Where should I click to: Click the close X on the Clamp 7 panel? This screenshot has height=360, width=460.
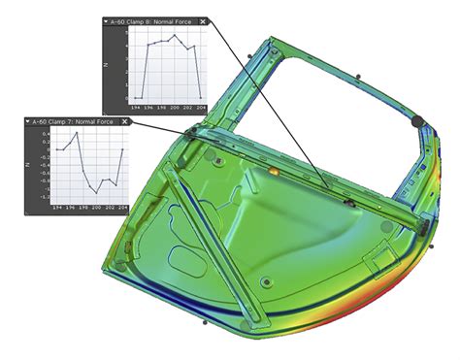point(126,122)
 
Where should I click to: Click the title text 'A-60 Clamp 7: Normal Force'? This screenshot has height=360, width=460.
point(76,122)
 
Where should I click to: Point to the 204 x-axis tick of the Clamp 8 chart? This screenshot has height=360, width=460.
point(201,106)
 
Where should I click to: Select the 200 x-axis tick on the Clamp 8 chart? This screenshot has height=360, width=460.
point(175,106)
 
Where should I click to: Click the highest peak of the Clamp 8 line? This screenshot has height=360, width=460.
point(175,36)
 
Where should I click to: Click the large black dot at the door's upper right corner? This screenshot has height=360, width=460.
point(418,122)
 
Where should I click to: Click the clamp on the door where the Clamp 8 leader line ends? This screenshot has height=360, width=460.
point(347,203)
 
